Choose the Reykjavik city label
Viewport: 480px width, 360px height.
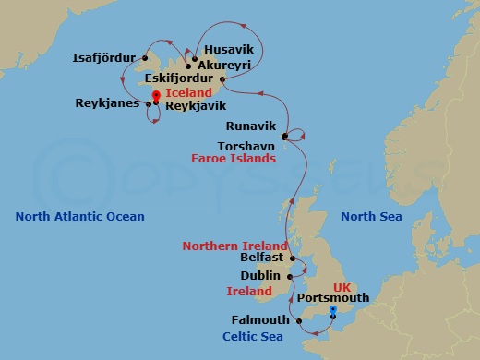198,106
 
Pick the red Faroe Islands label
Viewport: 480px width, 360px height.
234,159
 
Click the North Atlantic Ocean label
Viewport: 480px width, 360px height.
80,217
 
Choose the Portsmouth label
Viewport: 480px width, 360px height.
334,298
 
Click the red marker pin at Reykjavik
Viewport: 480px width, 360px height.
156,95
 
